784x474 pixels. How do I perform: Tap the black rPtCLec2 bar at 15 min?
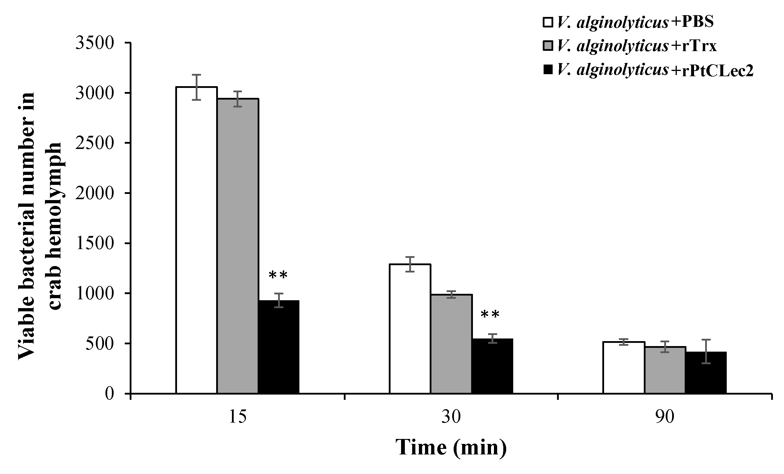coord(279,347)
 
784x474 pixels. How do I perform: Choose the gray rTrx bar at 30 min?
coord(451,344)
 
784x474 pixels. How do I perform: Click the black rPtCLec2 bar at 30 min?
coord(492,366)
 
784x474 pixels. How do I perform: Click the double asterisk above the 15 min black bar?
coord(278,275)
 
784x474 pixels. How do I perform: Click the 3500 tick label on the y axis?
coord(95,43)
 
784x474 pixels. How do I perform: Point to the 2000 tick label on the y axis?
coord(95,193)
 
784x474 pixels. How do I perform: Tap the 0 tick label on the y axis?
coord(109,394)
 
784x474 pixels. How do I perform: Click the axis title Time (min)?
coord(451,448)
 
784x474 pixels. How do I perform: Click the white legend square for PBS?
coord(548,22)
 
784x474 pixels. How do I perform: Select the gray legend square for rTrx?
coord(548,46)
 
